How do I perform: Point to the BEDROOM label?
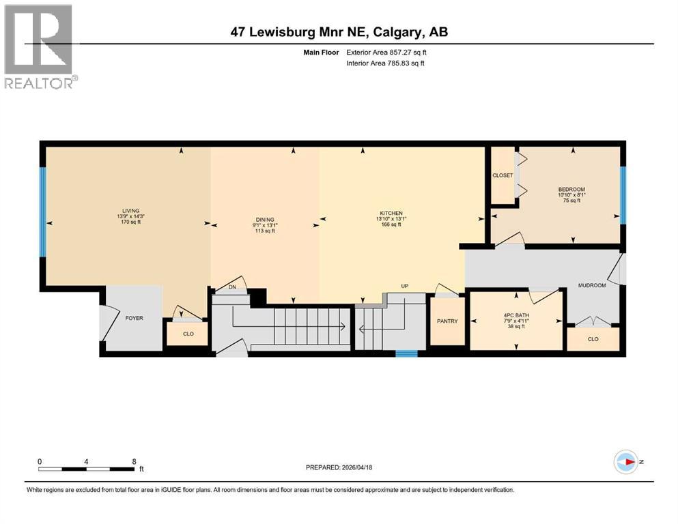tap(571, 190)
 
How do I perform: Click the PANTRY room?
tap(447, 321)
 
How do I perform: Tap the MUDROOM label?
tap(592, 285)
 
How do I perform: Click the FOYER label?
tap(134, 318)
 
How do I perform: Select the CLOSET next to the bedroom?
tap(503, 175)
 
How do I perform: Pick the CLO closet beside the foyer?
tap(188, 334)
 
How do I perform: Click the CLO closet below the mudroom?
tap(593, 338)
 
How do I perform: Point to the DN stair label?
tap(231, 287)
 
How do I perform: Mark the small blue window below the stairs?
tap(406, 353)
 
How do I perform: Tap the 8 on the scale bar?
tap(134, 461)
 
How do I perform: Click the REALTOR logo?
tap(40, 47)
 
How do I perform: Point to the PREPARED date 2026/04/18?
tap(339, 467)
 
